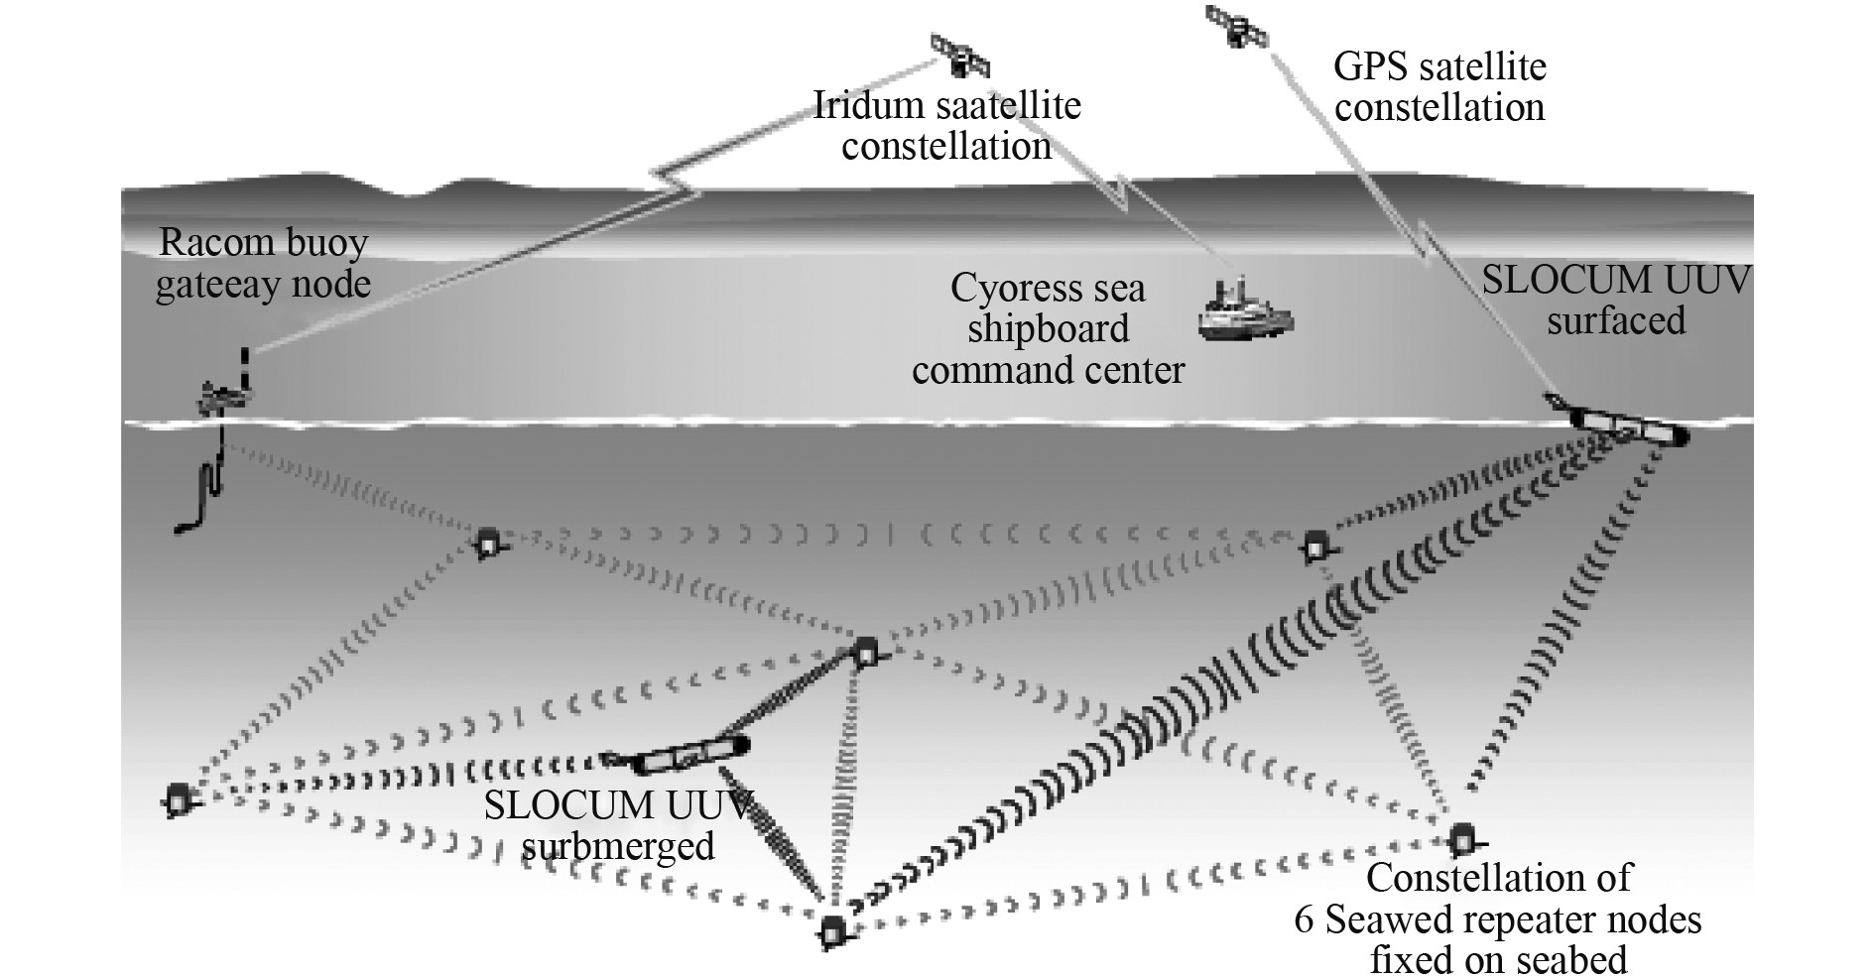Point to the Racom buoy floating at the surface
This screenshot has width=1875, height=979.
click(226, 393)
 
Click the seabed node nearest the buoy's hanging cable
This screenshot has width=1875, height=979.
click(487, 543)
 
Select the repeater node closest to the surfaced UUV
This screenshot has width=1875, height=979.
click(1316, 545)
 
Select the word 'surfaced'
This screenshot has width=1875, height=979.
click(1616, 321)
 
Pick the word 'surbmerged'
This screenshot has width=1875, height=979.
click(617, 846)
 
